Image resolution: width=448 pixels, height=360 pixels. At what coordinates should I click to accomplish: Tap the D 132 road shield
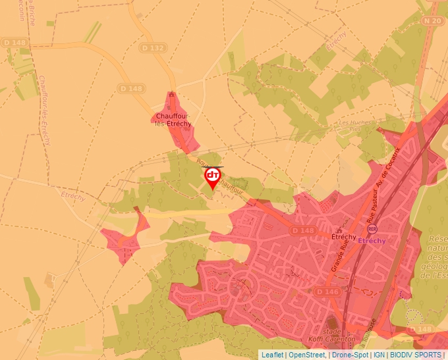[x=152, y=48]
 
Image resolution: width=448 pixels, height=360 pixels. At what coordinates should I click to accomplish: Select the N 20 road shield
[x=432, y=21]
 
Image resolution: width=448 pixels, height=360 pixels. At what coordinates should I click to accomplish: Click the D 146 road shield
[x=327, y=291]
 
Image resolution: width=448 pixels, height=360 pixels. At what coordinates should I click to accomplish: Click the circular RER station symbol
[x=373, y=229]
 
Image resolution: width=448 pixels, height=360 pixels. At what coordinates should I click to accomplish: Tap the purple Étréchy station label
[x=374, y=241]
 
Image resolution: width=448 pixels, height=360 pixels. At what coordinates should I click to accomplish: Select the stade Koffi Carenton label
[x=332, y=335]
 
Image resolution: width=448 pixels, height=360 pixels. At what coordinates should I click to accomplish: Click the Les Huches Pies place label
[x=354, y=125]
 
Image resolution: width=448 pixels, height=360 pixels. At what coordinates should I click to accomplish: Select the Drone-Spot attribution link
[x=350, y=355]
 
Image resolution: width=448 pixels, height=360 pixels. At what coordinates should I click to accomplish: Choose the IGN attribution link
[x=379, y=355]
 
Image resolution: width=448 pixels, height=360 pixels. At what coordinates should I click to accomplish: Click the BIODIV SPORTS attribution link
[x=416, y=355]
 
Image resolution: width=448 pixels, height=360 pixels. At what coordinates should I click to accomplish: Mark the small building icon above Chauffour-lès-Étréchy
[x=171, y=95]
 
